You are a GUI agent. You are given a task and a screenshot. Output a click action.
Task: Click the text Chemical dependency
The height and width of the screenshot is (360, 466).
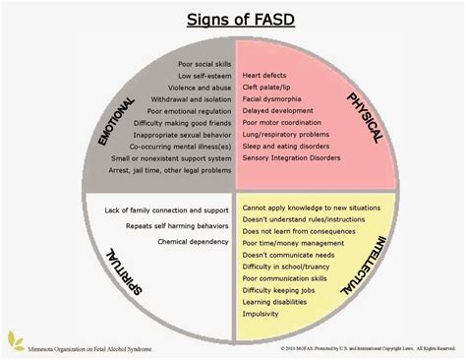click(189, 238)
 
